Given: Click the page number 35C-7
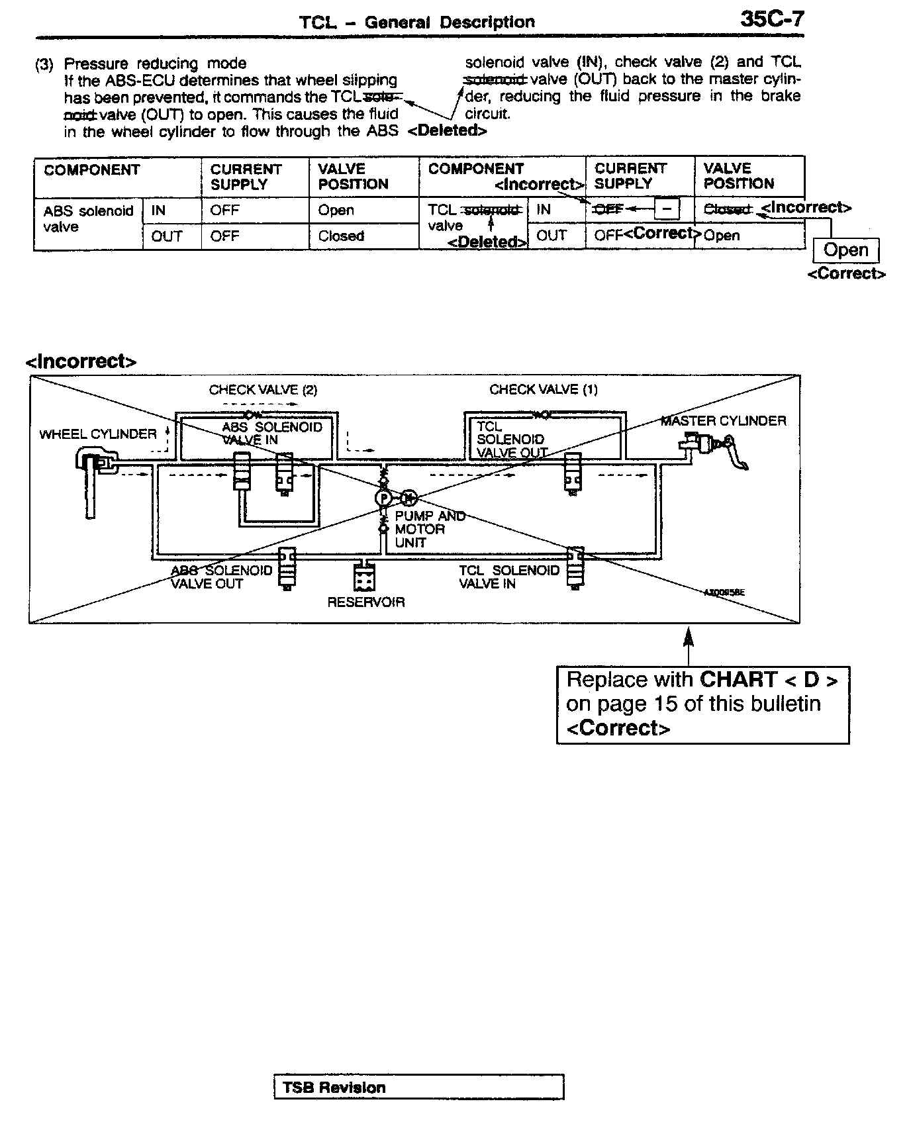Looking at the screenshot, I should point(772,19).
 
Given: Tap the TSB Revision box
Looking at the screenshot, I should point(418,1088).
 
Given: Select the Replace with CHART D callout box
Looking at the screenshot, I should point(702,704).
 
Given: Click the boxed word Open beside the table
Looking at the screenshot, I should point(845,250).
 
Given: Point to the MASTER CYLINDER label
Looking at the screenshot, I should point(723,420).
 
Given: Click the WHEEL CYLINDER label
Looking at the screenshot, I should point(98,434).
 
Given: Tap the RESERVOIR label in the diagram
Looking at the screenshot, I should point(365,602).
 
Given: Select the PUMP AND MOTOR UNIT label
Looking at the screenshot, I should point(429,529).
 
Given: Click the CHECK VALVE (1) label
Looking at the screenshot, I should point(544,389).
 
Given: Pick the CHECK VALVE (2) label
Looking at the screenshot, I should point(263,389).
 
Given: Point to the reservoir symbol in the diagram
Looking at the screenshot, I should point(365,577).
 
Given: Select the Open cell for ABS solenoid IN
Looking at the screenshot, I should point(336,211).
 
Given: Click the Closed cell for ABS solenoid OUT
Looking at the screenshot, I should point(341,236).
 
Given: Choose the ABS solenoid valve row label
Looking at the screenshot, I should point(87,218).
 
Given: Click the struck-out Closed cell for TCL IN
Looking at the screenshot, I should point(727,209).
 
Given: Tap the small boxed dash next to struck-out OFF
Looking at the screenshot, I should point(667,209).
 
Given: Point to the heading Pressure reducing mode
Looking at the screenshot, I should point(155,64).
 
